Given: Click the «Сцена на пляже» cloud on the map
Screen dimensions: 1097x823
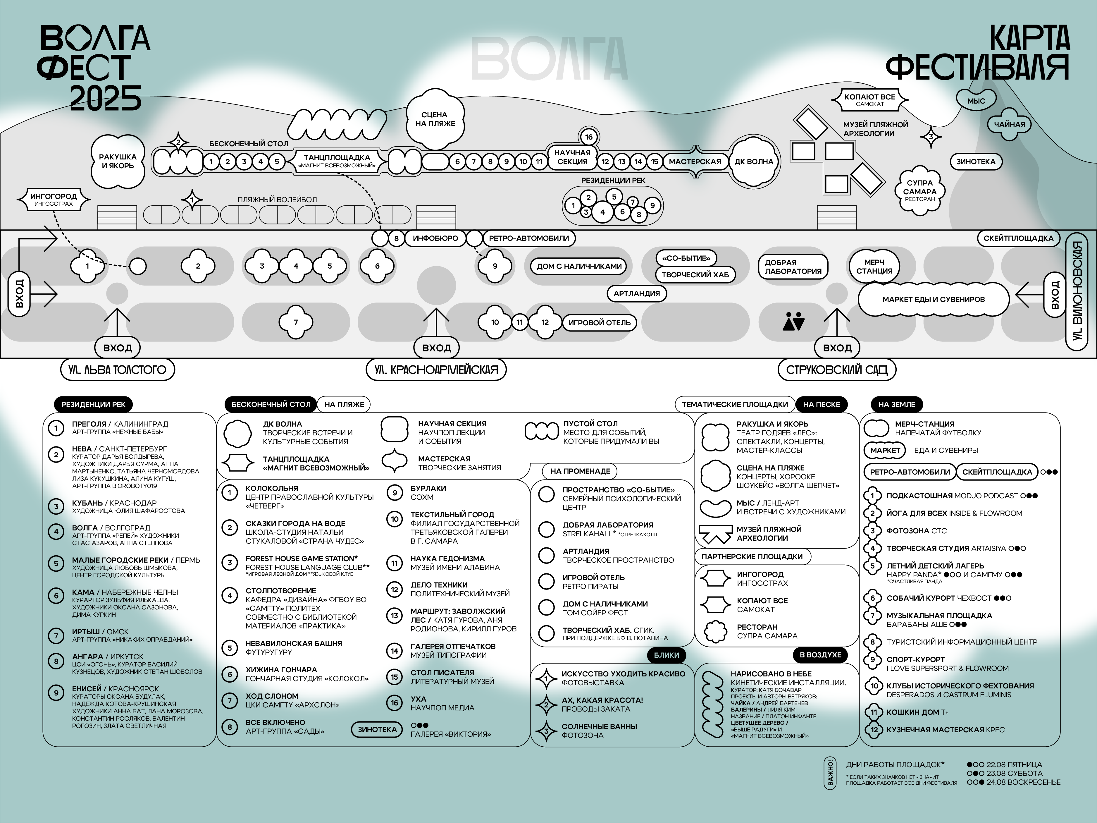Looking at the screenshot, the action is click(435, 119).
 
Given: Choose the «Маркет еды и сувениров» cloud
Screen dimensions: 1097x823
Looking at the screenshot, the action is click(933, 299).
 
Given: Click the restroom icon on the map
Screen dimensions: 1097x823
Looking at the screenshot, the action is click(793, 321).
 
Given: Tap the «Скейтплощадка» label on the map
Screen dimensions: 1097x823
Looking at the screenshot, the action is click(1018, 238).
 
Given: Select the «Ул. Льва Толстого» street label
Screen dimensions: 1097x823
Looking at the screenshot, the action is click(118, 370).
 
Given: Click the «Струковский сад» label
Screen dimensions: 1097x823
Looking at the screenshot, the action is click(837, 370).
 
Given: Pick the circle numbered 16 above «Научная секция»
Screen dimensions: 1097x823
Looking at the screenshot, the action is click(589, 137).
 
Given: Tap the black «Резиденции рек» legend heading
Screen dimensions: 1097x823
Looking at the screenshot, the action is click(93, 404).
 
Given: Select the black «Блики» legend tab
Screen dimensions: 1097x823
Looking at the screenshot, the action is click(667, 655).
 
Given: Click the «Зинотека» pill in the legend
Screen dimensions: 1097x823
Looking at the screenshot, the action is click(377, 729).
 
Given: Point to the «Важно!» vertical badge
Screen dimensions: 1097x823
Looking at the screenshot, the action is click(830, 773).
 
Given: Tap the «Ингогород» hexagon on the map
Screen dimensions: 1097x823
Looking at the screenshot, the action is click(54, 200).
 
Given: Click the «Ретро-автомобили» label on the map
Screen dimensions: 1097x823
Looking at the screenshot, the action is click(529, 238).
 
